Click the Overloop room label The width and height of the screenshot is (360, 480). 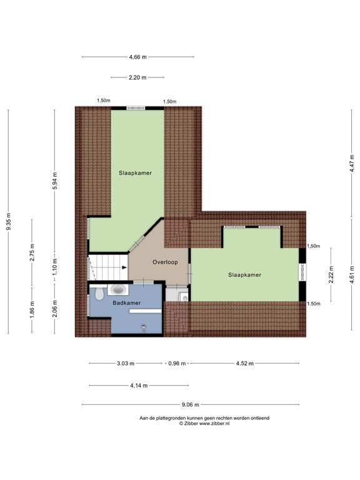[165, 262]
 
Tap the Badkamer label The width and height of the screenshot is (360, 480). [127, 303]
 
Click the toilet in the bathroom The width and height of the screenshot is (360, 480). [99, 294]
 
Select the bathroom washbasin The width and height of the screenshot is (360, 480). [118, 289]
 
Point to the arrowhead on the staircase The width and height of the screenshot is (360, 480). [124, 267]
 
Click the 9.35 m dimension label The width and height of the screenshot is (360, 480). [9, 221]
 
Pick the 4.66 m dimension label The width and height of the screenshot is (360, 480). [137, 57]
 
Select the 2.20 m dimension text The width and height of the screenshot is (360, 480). [137, 77]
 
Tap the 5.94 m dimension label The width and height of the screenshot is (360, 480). [55, 181]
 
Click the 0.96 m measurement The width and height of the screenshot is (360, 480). [177, 364]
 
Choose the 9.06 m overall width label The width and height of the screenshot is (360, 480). [191, 405]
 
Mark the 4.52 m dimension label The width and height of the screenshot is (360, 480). [244, 364]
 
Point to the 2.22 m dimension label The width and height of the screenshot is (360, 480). [331, 274]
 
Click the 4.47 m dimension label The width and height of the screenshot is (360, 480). [352, 164]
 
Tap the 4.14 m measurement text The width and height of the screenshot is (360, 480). [139, 386]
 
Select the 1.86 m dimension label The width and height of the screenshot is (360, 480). [32, 309]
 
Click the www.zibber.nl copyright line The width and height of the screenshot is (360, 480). [204, 424]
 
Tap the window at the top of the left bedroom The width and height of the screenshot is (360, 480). [136, 108]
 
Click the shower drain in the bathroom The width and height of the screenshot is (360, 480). [144, 327]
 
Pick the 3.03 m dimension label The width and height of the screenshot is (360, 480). [126, 364]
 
